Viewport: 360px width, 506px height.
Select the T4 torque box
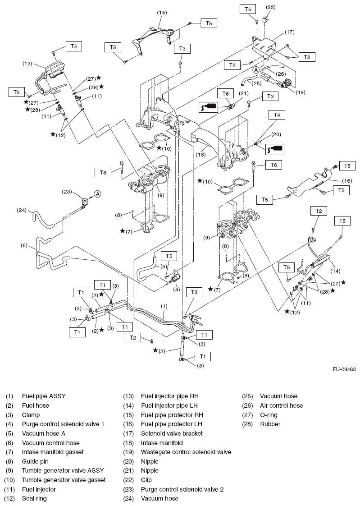(277, 115)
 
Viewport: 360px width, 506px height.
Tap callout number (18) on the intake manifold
(201, 154)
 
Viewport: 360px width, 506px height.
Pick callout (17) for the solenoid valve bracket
(289, 32)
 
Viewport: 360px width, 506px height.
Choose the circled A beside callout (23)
(97, 194)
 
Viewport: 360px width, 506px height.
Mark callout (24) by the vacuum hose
(23, 210)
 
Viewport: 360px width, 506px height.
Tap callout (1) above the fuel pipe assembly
(164, 306)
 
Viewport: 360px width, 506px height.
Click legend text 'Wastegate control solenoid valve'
(186, 452)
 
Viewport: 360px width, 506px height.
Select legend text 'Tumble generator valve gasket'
(64, 480)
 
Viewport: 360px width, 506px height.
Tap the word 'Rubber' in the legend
(270, 424)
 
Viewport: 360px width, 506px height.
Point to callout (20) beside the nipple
(276, 134)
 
